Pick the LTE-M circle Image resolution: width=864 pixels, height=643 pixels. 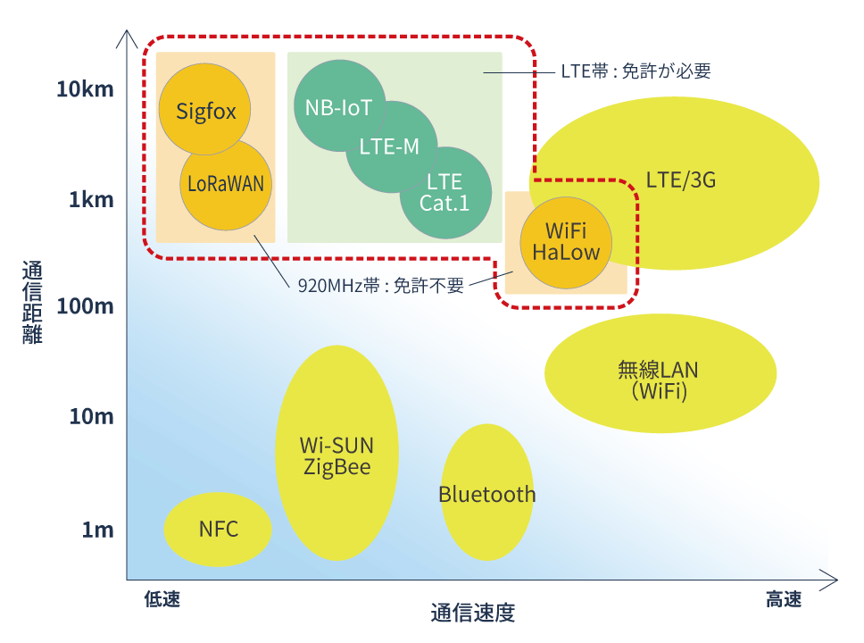pos(389,147)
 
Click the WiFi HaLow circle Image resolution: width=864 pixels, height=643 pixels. pos(566,242)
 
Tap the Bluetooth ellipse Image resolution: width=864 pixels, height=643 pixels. pos(487,494)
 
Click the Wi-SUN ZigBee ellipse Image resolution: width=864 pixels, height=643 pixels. pos(336,455)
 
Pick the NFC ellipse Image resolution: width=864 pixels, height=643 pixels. pos(218,529)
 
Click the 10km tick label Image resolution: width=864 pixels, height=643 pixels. pos(85,89)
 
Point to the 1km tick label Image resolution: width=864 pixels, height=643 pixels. pos(91,199)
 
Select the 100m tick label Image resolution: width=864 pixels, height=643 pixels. pos(85,306)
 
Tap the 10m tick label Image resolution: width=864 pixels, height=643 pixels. pos(91,416)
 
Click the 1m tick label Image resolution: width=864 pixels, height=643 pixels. pos(97,530)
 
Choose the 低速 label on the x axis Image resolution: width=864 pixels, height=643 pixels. pos(162,599)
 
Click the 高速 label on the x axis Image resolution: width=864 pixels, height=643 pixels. pos(783,599)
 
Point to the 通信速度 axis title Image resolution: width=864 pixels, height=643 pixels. pos(473,613)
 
